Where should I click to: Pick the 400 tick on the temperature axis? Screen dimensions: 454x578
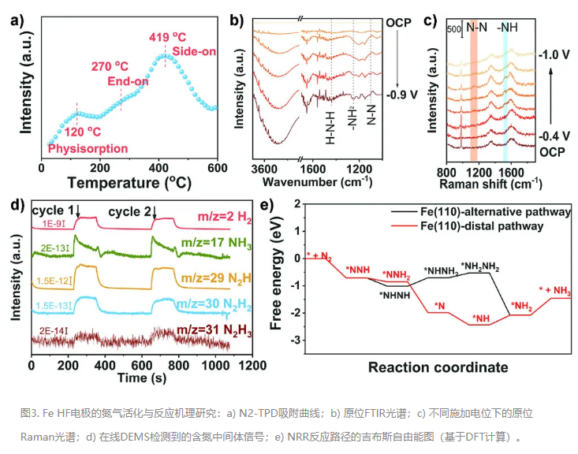pyautogui.click(x=158, y=167)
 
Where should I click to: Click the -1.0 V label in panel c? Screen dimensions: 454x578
pyautogui.click(x=554, y=56)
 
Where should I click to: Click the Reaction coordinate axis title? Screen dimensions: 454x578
pyautogui.click(x=438, y=367)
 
